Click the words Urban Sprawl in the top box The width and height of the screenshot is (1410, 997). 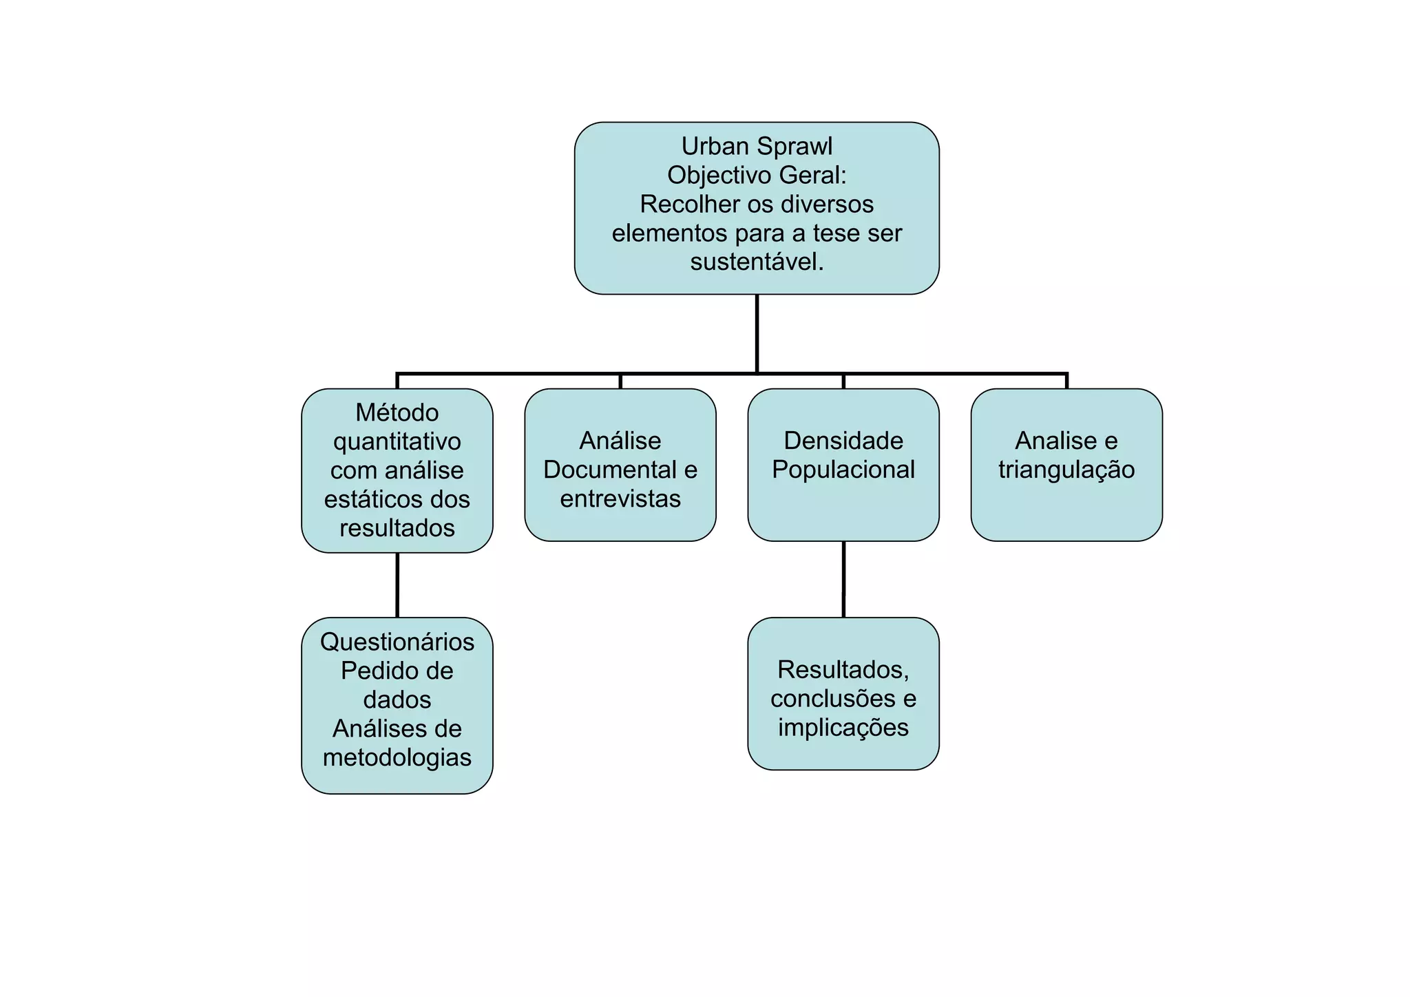[757, 147]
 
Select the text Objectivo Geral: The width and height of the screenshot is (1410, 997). [757, 176]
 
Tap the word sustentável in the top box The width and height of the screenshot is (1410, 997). [755, 262]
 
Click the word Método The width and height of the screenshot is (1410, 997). [397, 413]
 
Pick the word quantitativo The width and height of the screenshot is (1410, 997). [397, 442]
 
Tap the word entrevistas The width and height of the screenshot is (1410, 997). [620, 499]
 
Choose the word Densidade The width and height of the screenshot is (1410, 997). [843, 441]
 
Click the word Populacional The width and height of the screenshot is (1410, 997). [843, 470]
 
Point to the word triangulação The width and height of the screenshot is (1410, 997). [1066, 470]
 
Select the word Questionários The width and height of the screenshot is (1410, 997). [397, 642]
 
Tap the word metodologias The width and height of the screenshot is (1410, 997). [397, 758]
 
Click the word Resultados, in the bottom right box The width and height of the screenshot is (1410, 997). [843, 670]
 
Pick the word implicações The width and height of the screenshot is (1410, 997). [843, 728]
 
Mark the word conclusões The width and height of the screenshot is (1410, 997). [832, 699]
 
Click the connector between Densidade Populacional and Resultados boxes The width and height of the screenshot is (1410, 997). [843, 579]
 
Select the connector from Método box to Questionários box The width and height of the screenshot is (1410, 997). [397, 585]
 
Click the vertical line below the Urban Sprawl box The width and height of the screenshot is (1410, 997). [757, 334]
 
